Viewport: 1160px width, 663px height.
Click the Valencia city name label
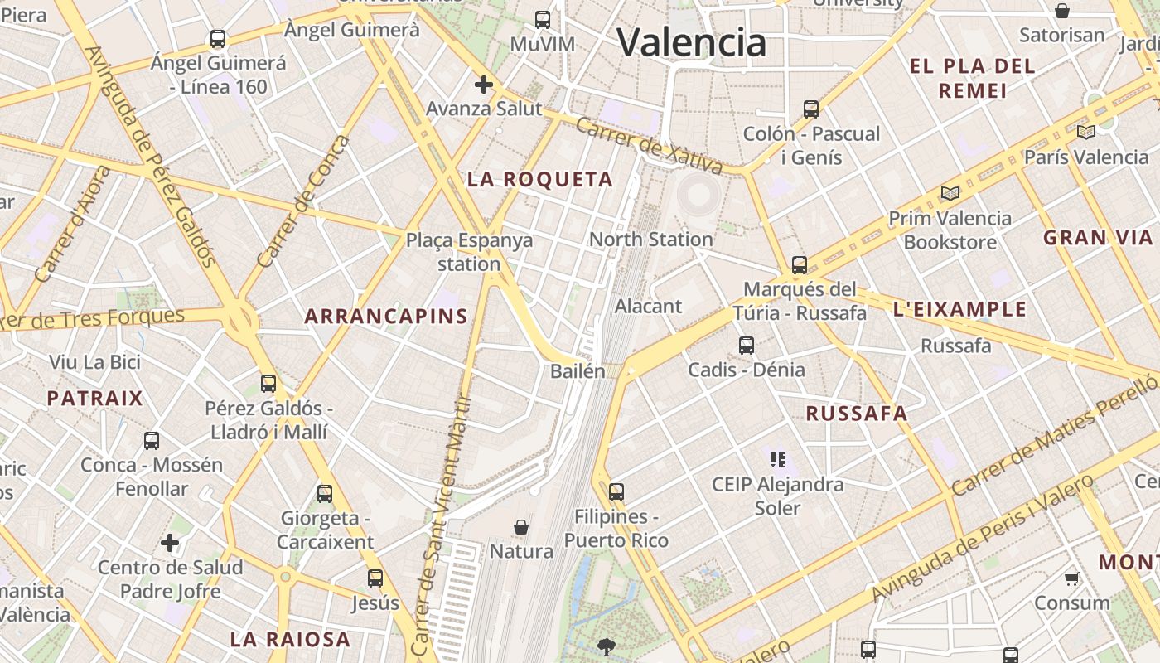click(692, 42)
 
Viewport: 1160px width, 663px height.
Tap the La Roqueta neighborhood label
click(540, 179)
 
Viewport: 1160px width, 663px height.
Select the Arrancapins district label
click(386, 316)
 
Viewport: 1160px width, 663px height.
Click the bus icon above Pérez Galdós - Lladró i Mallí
click(268, 384)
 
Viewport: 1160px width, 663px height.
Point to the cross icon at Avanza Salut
click(484, 85)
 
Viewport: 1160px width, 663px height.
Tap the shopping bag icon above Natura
click(521, 527)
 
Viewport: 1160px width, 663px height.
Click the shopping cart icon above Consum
click(1071, 578)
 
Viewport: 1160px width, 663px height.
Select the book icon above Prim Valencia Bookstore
click(950, 194)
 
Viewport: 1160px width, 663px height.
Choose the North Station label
click(650, 240)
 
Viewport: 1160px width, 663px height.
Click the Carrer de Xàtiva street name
click(648, 145)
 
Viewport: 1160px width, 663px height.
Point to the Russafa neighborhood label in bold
click(857, 414)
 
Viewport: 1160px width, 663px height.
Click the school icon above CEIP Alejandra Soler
click(777, 459)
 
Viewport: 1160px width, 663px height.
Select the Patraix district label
click(95, 399)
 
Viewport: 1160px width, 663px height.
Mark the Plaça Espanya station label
click(469, 252)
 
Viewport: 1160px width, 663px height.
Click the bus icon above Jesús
click(375, 578)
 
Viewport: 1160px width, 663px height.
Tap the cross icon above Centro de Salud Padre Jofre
click(170, 544)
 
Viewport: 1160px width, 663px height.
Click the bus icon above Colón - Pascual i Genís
click(811, 109)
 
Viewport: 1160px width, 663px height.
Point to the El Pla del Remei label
click(973, 78)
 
